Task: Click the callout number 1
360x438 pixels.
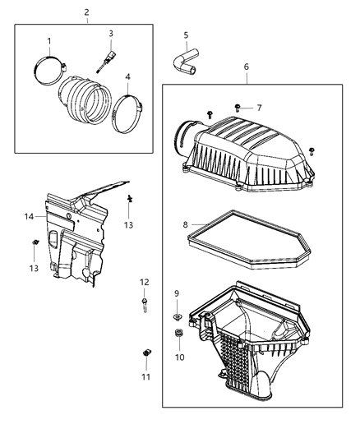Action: pos(48,41)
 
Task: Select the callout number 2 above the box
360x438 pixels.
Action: pos(87,12)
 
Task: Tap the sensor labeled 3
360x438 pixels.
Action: pos(105,60)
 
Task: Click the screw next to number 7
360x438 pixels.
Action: pos(237,107)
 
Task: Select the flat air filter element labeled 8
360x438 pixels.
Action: pos(246,243)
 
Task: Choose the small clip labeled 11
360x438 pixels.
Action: pos(145,354)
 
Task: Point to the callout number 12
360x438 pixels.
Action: pos(144,283)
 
